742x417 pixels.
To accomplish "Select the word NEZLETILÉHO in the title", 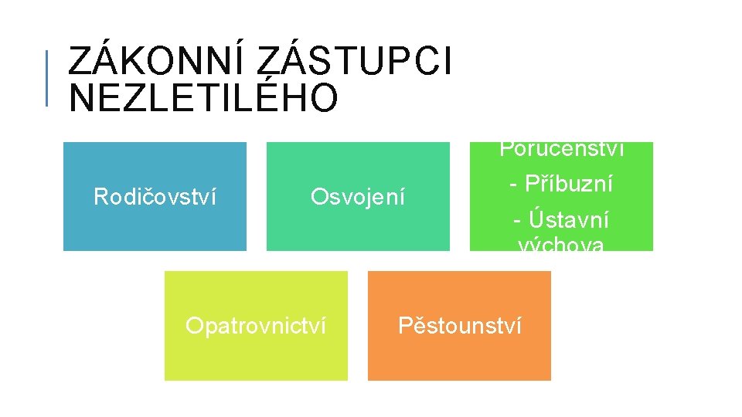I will (x=203, y=98).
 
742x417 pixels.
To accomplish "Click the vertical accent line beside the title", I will (x=47, y=77).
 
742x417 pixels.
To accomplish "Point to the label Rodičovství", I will (x=155, y=197).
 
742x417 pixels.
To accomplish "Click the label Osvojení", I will (x=358, y=197).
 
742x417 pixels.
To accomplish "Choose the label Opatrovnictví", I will (x=256, y=326).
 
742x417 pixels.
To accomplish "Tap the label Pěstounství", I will (x=460, y=326).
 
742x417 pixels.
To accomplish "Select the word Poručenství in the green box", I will (x=562, y=148).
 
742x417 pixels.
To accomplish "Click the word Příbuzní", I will (x=568, y=185).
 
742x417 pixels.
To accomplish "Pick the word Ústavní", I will (x=570, y=221).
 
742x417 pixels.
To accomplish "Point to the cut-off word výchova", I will (x=562, y=246).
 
